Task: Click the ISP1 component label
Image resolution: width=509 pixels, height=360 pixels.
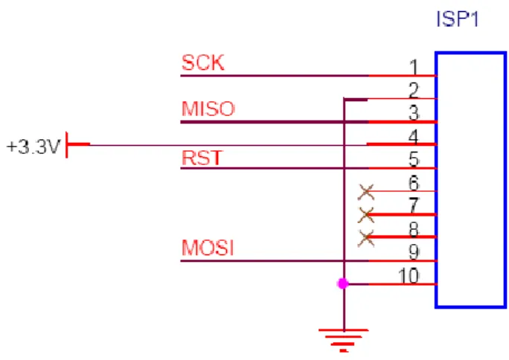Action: [x=458, y=19]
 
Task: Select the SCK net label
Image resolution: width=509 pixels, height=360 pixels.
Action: [x=203, y=62]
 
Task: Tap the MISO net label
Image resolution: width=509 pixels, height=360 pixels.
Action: [x=208, y=109]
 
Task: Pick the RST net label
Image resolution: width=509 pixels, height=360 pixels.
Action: [x=202, y=158]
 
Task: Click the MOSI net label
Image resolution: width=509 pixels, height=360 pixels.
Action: [x=208, y=248]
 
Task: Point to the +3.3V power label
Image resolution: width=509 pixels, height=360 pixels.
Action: [x=33, y=147]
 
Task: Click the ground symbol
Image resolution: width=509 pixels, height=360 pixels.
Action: [x=344, y=341]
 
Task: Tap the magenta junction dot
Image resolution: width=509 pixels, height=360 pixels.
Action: [x=343, y=284]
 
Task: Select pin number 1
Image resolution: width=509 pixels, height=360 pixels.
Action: [x=414, y=67]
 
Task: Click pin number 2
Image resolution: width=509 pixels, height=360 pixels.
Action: [x=414, y=90]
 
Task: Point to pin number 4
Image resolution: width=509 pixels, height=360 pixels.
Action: [x=413, y=137]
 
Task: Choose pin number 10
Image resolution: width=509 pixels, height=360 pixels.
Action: [x=409, y=276]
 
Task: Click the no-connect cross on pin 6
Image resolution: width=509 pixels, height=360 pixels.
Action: [x=366, y=192]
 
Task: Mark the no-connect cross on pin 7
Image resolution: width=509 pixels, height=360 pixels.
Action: [x=366, y=215]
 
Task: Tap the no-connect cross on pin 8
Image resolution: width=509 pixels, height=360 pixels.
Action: [x=366, y=238]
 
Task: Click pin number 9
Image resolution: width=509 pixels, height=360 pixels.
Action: [x=414, y=252]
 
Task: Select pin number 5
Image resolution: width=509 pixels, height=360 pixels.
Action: [x=414, y=159]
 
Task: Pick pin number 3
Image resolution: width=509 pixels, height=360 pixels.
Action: [x=414, y=113]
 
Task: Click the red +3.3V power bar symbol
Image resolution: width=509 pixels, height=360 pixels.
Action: [x=78, y=144]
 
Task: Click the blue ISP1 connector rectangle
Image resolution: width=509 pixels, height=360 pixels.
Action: [x=436, y=179]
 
